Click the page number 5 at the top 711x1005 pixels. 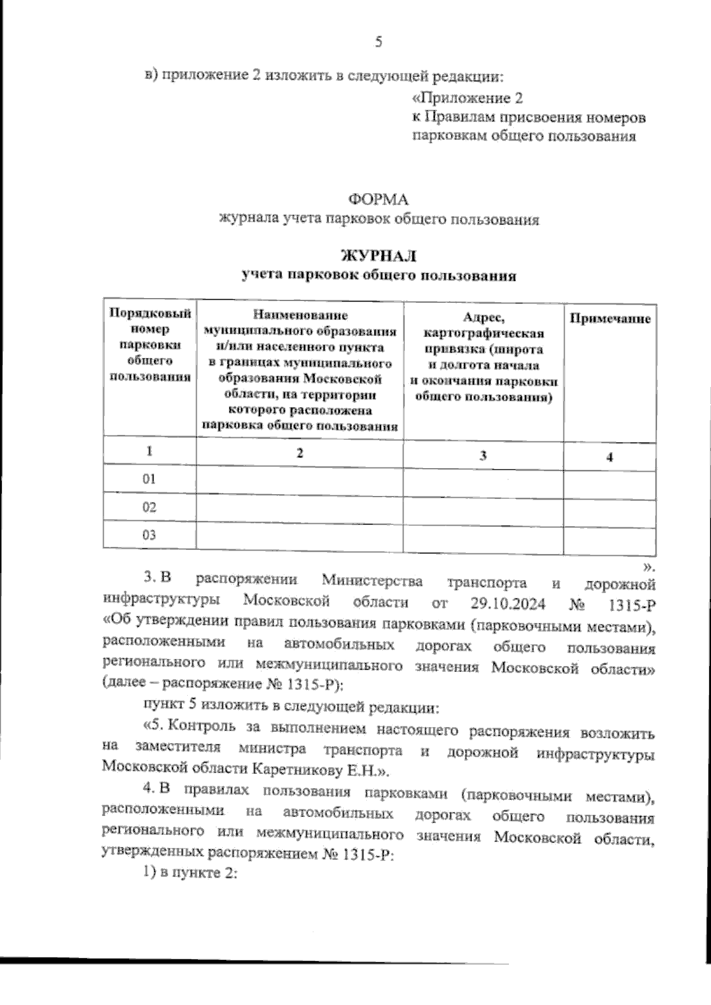tap(379, 42)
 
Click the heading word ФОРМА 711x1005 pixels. tap(379, 199)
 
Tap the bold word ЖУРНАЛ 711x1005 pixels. tap(379, 255)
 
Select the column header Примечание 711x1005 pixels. tap(610, 319)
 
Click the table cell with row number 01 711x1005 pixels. tap(149, 479)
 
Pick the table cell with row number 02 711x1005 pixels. tap(149, 507)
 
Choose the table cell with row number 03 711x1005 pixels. tap(149, 535)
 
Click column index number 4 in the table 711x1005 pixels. tap(610, 456)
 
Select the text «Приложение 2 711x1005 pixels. tap(468, 97)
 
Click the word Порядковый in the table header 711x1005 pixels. tap(150, 312)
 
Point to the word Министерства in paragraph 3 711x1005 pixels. tap(373, 581)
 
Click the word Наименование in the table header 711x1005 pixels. tap(300, 316)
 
